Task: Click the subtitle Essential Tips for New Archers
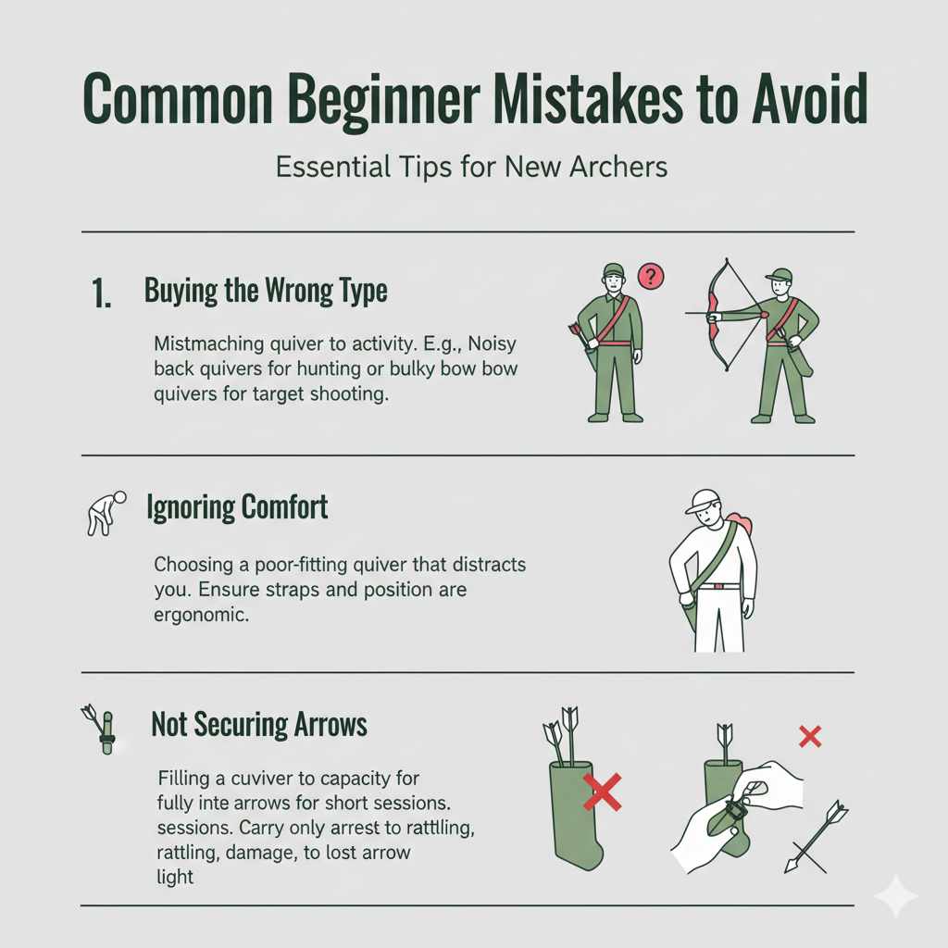[x=472, y=168]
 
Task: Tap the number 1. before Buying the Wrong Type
[x=103, y=294]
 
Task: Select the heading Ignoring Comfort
[x=237, y=507]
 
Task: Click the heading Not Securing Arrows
[x=259, y=725]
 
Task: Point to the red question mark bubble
[x=652, y=276]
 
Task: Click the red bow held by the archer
[x=714, y=306]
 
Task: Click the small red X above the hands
[x=810, y=737]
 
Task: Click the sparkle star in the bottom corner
[x=894, y=895]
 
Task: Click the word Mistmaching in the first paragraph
[x=201, y=343]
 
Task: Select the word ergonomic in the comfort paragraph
[x=201, y=614]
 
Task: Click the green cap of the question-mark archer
[x=614, y=270]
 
